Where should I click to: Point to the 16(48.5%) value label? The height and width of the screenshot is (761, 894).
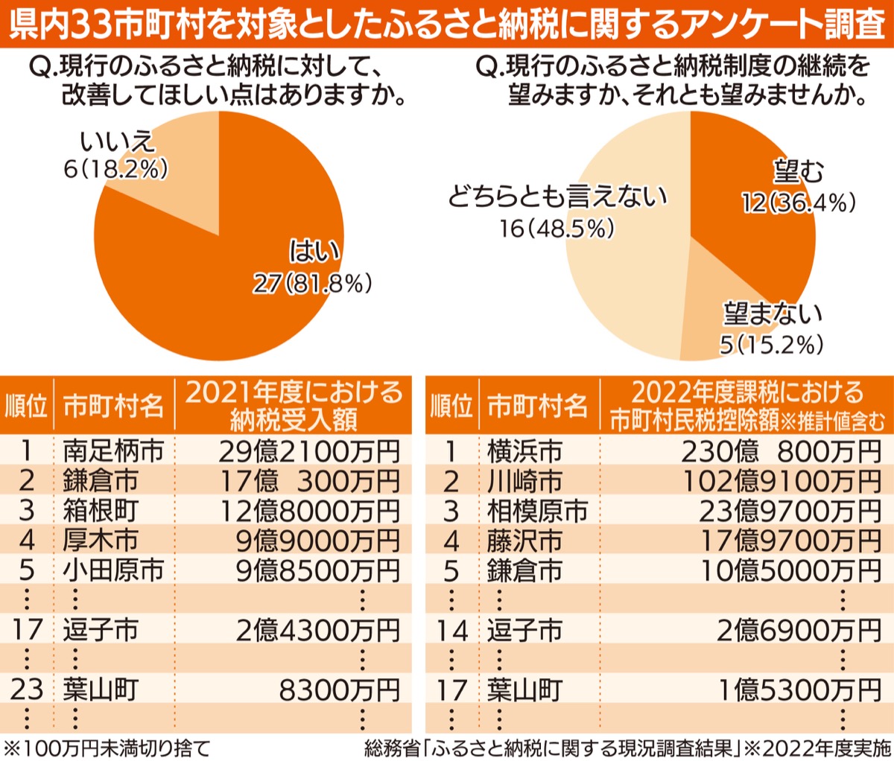(x=557, y=229)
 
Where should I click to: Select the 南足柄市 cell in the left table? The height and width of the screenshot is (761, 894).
(x=112, y=451)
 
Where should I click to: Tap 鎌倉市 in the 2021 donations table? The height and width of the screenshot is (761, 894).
(x=100, y=481)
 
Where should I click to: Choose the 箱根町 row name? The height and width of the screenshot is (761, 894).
(x=100, y=511)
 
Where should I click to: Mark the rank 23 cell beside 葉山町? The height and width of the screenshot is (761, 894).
(x=27, y=690)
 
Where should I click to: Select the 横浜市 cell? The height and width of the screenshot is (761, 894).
(x=524, y=451)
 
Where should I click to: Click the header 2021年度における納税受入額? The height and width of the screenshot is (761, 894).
(x=293, y=406)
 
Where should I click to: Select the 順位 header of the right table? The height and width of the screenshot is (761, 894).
(x=451, y=407)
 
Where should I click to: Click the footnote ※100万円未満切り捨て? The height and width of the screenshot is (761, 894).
(x=108, y=748)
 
